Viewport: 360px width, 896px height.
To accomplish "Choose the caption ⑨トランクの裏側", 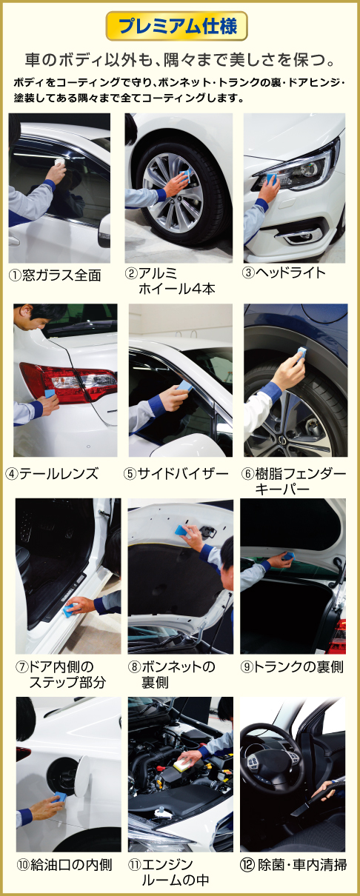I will pyautogui.click(x=292, y=666).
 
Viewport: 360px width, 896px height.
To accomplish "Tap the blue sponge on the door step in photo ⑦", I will pyautogui.click(x=70, y=609).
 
